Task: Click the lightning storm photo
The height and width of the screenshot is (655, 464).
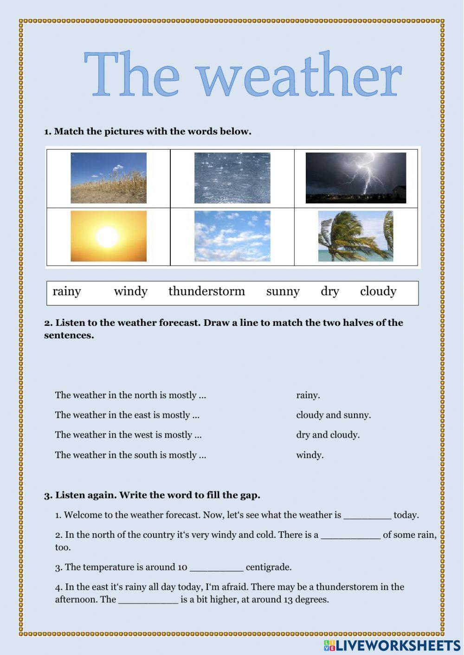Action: (x=355, y=178)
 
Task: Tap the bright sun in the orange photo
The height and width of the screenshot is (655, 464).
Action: (x=107, y=236)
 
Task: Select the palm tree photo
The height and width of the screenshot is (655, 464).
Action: (x=355, y=236)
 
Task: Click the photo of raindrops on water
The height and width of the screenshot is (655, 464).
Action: (x=232, y=178)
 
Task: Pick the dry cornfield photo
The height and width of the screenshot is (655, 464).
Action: (x=109, y=178)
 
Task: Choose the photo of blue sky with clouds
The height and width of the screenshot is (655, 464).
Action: (x=232, y=236)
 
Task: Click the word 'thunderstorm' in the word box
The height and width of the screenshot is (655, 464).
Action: (x=206, y=292)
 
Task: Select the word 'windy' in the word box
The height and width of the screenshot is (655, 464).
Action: (x=130, y=292)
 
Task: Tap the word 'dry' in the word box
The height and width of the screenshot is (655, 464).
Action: (x=329, y=292)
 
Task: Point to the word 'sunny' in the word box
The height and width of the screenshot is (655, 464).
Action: (x=283, y=292)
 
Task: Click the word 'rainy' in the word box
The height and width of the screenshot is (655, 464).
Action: (x=67, y=292)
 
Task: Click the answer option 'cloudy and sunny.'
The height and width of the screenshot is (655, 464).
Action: (x=333, y=415)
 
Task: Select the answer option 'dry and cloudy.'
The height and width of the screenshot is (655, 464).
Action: (x=328, y=435)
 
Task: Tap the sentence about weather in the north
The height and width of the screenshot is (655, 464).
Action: (x=130, y=395)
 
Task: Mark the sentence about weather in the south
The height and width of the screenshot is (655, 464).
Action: (x=130, y=455)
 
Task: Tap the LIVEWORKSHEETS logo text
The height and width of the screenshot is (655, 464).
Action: (x=398, y=645)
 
